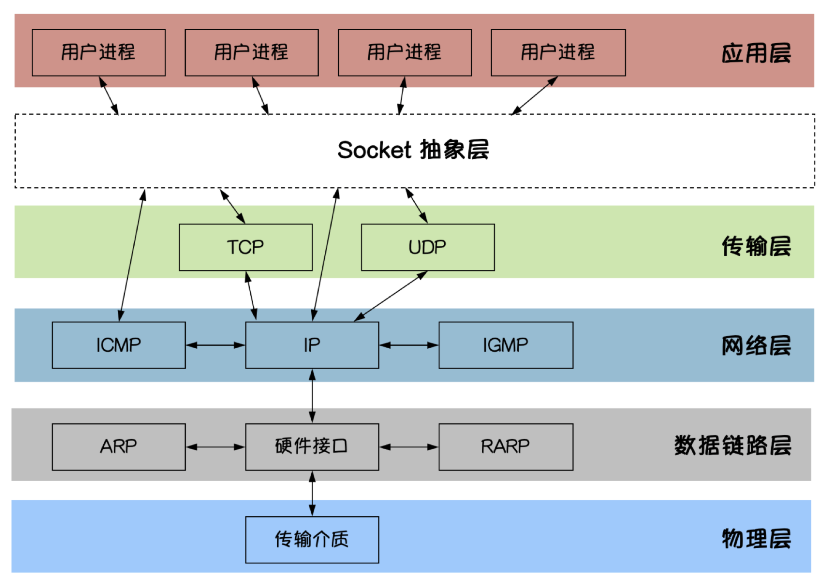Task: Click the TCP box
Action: [245, 247]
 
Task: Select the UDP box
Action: [428, 247]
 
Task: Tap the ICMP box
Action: [119, 345]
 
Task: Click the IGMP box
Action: [506, 345]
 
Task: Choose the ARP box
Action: [119, 446]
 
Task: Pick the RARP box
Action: [506, 446]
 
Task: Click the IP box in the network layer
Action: [312, 345]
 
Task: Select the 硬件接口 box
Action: [312, 446]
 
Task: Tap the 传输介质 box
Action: [312, 539]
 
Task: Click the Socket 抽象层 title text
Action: [413, 150]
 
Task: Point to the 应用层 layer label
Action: [756, 53]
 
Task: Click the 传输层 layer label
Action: [756, 246]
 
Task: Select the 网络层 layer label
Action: [756, 346]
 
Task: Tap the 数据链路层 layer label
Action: [733, 446]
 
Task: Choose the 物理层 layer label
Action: [756, 539]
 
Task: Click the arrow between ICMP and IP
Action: [215, 345]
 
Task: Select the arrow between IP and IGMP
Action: [409, 345]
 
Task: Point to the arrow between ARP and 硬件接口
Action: [215, 447]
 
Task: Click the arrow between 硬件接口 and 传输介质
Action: [312, 494]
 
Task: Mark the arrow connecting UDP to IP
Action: [391, 296]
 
